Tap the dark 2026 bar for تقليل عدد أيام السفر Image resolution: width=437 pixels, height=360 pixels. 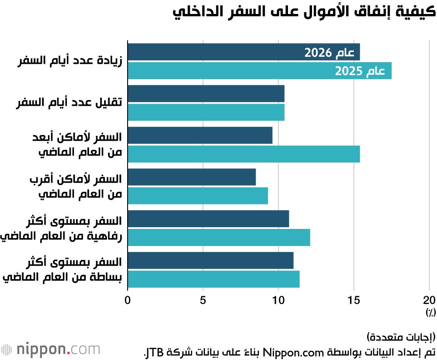[x=206, y=93]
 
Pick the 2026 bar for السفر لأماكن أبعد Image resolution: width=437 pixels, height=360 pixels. [x=200, y=135]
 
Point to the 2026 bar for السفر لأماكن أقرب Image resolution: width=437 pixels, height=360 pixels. [x=191, y=177]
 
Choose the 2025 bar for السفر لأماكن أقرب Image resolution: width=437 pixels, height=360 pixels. [x=198, y=196]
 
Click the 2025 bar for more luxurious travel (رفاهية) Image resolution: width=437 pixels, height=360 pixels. [x=218, y=237]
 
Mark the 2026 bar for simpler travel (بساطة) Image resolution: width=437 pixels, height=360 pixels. [x=210, y=260]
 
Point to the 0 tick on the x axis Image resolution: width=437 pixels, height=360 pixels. [x=128, y=300]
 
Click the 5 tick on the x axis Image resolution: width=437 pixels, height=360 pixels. [x=203, y=300]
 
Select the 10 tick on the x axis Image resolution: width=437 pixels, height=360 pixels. [x=278, y=300]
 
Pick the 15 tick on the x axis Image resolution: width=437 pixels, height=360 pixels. [x=354, y=300]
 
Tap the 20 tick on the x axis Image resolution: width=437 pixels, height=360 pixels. [x=429, y=300]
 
